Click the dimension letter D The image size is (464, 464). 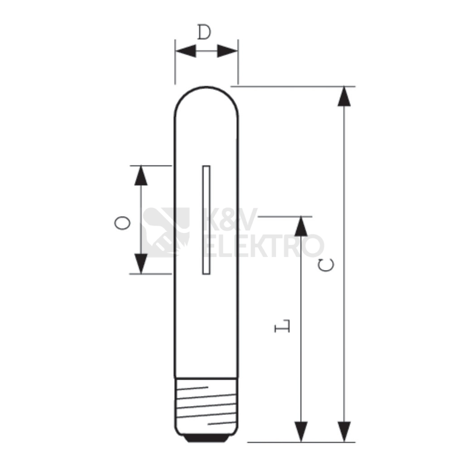point(204,32)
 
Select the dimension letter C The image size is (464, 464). point(326,265)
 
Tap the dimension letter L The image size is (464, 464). point(282,326)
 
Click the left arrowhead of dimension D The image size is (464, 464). point(185,51)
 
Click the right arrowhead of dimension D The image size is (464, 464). point(227,51)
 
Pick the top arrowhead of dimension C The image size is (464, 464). point(344,96)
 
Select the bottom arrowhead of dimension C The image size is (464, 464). point(344,432)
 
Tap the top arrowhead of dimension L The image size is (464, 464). point(301,227)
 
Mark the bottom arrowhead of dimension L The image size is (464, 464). point(301,432)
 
